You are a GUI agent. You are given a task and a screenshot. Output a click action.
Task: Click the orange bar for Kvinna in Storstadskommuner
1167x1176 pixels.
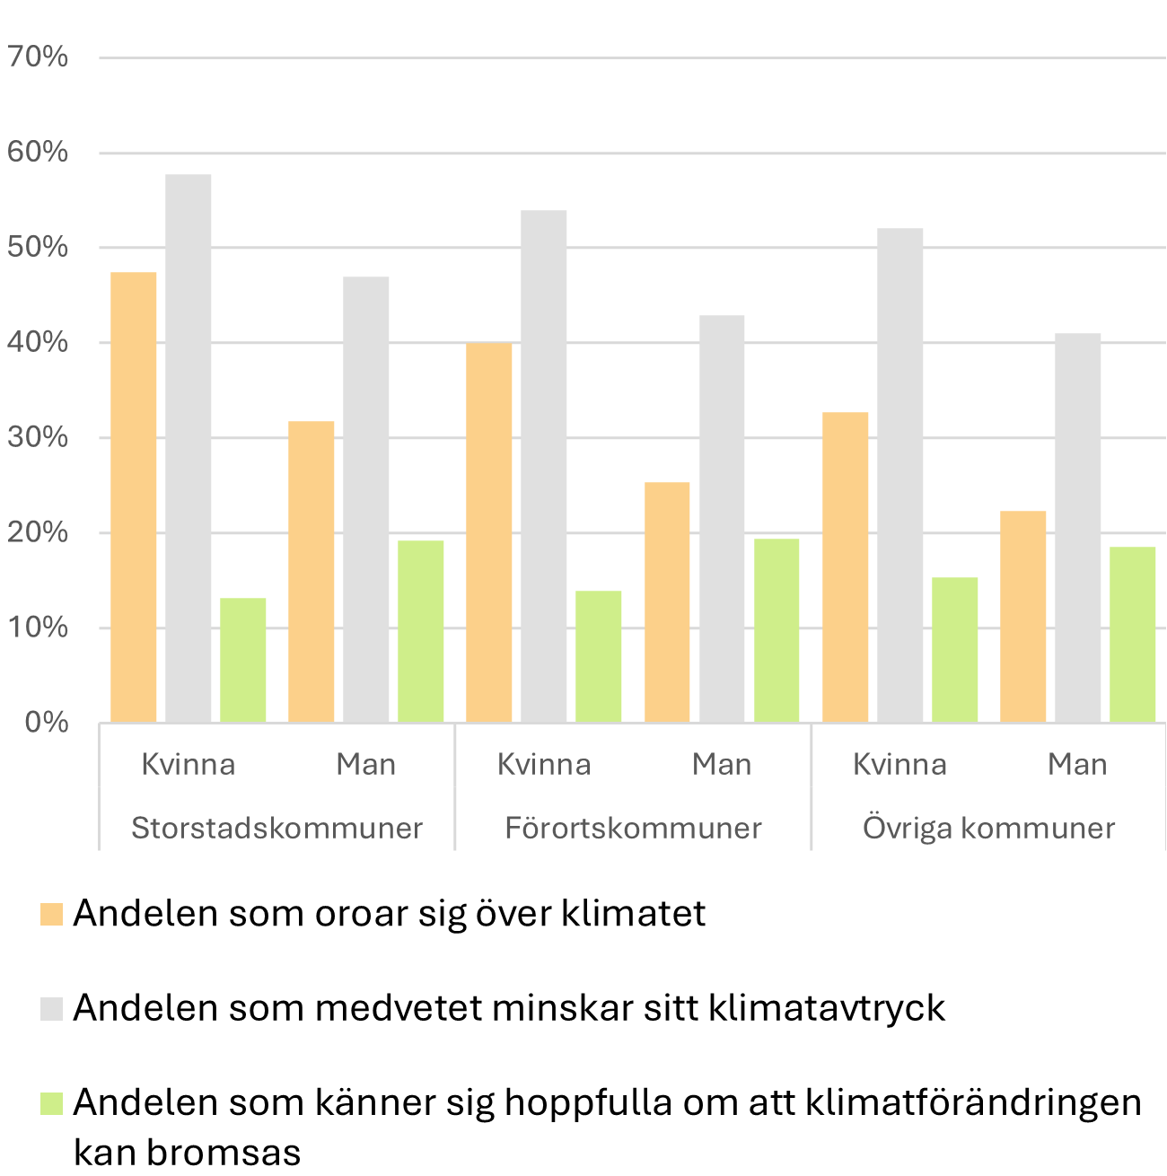[x=134, y=497]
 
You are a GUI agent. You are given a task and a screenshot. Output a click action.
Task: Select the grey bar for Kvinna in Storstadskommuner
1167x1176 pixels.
[x=189, y=449]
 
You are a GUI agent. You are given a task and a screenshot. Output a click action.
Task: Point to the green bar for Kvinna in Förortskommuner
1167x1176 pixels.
[x=599, y=656]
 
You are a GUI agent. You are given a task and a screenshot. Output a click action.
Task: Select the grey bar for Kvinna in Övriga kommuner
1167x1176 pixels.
[x=899, y=475]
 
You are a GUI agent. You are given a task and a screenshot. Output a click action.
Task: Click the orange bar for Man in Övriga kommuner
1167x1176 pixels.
[x=1023, y=617]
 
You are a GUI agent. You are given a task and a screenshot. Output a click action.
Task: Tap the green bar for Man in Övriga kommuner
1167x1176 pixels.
[x=1133, y=635]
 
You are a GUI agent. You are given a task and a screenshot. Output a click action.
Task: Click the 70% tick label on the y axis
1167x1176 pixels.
[x=38, y=57]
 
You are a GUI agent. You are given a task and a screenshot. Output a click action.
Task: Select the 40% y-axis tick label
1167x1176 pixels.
[x=38, y=343]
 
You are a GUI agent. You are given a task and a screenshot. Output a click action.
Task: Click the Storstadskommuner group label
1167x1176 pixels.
[x=276, y=828]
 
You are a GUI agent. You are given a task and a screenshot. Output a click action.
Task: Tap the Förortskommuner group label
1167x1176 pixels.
[x=633, y=828]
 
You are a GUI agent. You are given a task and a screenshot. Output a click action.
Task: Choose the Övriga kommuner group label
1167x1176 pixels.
[x=988, y=828]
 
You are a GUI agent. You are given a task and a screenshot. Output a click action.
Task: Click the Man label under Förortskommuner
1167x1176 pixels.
[x=722, y=765]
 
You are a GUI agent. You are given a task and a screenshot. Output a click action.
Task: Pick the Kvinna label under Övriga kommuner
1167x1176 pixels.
[x=899, y=765]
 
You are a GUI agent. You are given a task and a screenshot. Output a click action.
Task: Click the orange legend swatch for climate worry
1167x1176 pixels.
[x=52, y=915]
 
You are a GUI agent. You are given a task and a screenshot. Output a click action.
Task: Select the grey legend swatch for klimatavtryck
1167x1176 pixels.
[x=52, y=1009]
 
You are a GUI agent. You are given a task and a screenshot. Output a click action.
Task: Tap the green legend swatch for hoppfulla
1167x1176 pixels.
[x=52, y=1103]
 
